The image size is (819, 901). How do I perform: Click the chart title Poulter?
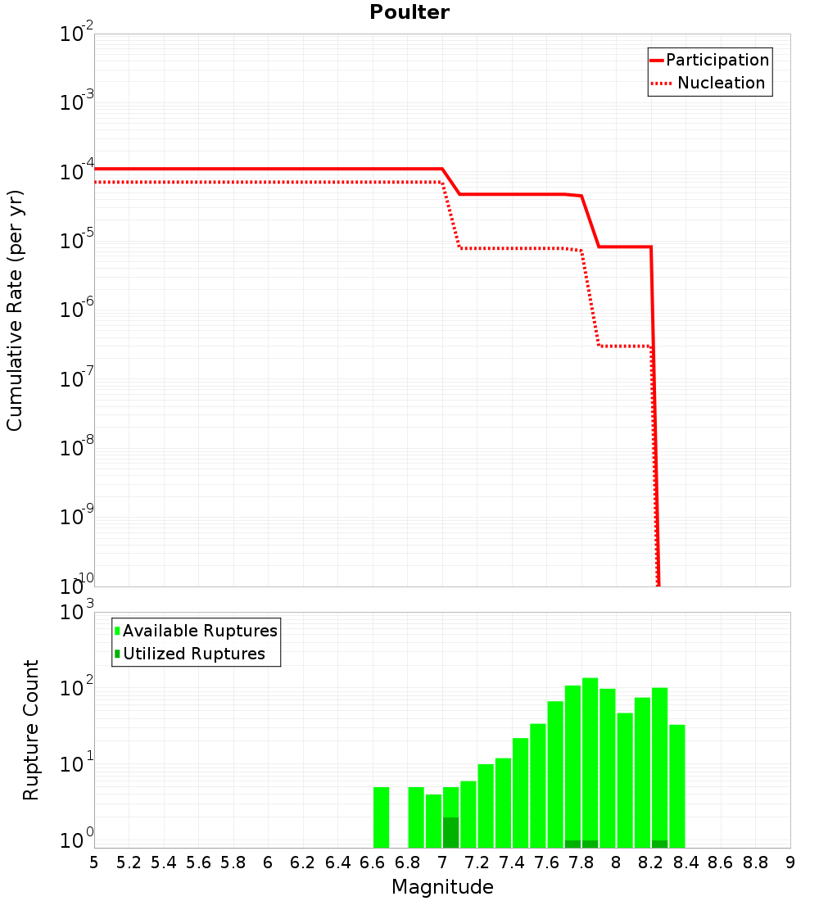point(409,12)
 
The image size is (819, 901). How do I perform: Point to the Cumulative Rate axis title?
point(15,310)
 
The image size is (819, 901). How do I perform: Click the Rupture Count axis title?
point(31,730)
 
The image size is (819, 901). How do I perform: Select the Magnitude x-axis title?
point(442,887)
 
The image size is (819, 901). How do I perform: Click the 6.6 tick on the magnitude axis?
point(373,863)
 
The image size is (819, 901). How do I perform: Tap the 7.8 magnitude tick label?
point(581,863)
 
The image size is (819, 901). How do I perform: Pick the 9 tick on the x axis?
point(790,863)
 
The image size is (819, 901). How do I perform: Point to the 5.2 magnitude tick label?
point(129,863)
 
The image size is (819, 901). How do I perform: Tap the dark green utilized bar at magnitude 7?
point(450,832)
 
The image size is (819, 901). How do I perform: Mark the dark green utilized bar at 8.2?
point(659,844)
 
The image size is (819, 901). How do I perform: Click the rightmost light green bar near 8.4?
point(676,786)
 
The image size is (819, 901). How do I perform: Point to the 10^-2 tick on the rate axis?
point(77,35)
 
